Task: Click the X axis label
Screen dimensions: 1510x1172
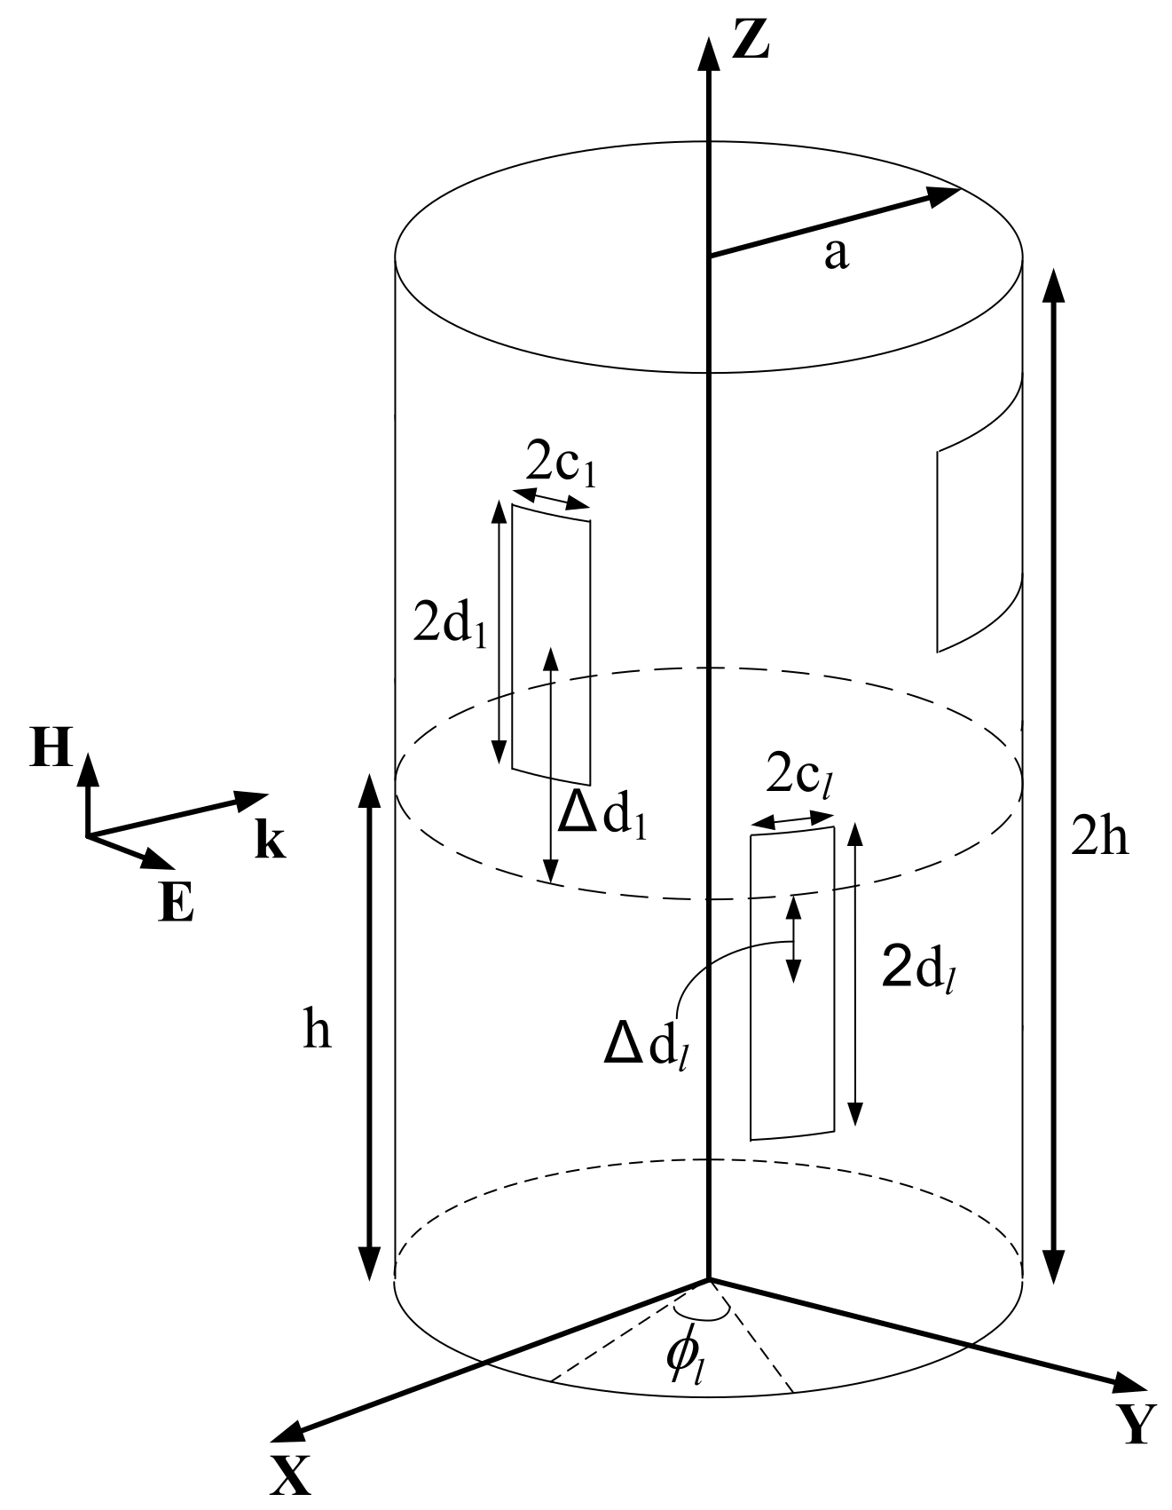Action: click(291, 1476)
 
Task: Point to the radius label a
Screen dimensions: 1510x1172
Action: click(836, 254)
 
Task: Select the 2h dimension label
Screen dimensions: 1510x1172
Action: click(1099, 836)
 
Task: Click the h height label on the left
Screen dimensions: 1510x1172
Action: click(317, 1031)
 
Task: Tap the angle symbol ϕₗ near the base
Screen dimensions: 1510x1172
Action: click(687, 1357)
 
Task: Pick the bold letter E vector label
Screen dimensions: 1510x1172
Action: click(177, 905)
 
